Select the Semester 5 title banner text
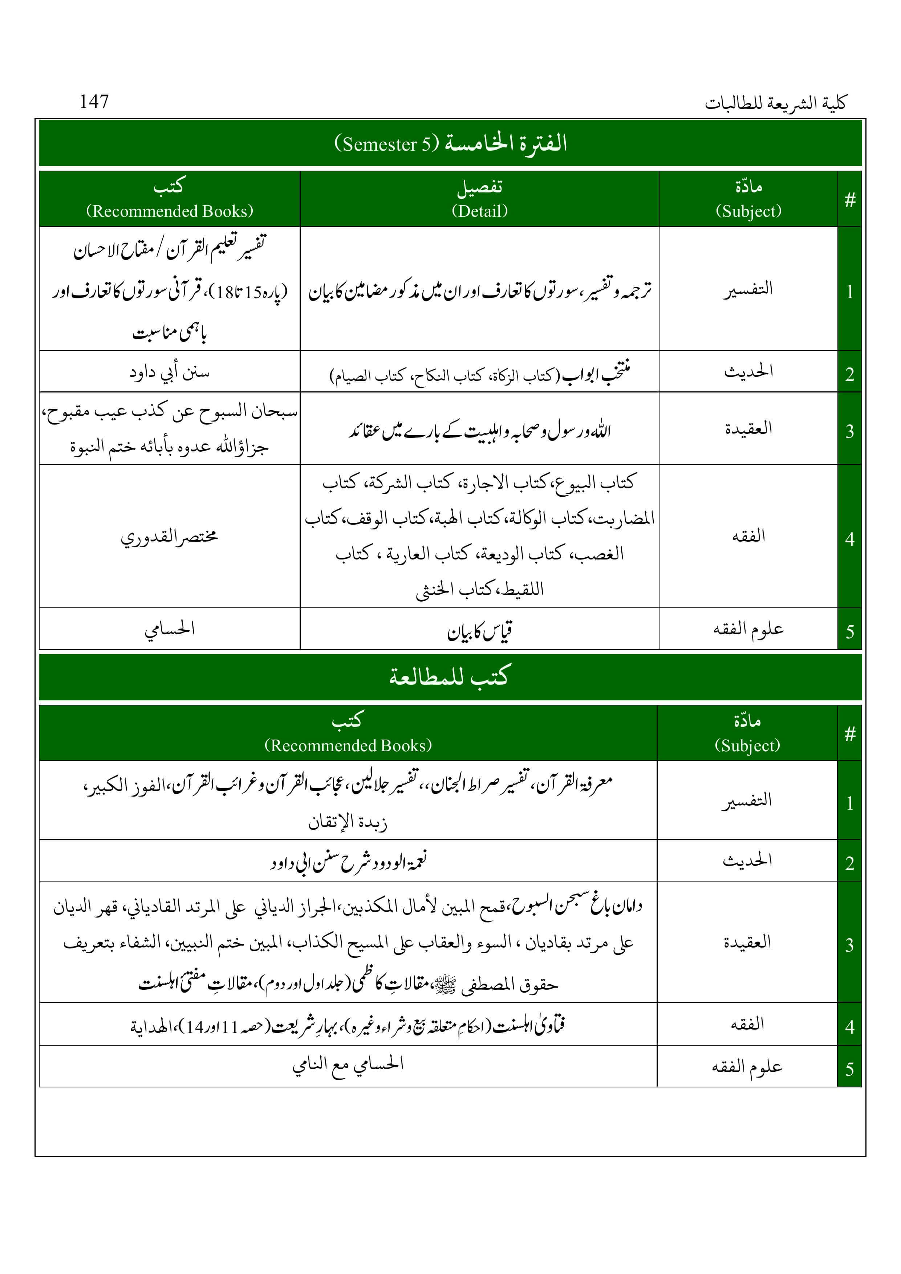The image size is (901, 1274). (450, 143)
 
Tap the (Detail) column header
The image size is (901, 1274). (480, 211)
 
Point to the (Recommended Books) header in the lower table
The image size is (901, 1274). (348, 745)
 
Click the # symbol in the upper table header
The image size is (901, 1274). (849, 200)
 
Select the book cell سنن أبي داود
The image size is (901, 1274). (169, 372)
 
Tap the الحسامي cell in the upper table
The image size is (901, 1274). (169, 629)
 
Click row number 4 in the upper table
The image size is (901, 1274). (849, 538)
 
